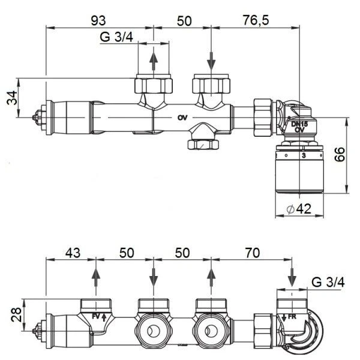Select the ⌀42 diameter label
298,209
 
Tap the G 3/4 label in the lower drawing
328,281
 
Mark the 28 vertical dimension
10,313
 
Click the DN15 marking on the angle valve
298,125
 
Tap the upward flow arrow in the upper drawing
154,60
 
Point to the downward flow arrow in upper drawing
212,60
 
